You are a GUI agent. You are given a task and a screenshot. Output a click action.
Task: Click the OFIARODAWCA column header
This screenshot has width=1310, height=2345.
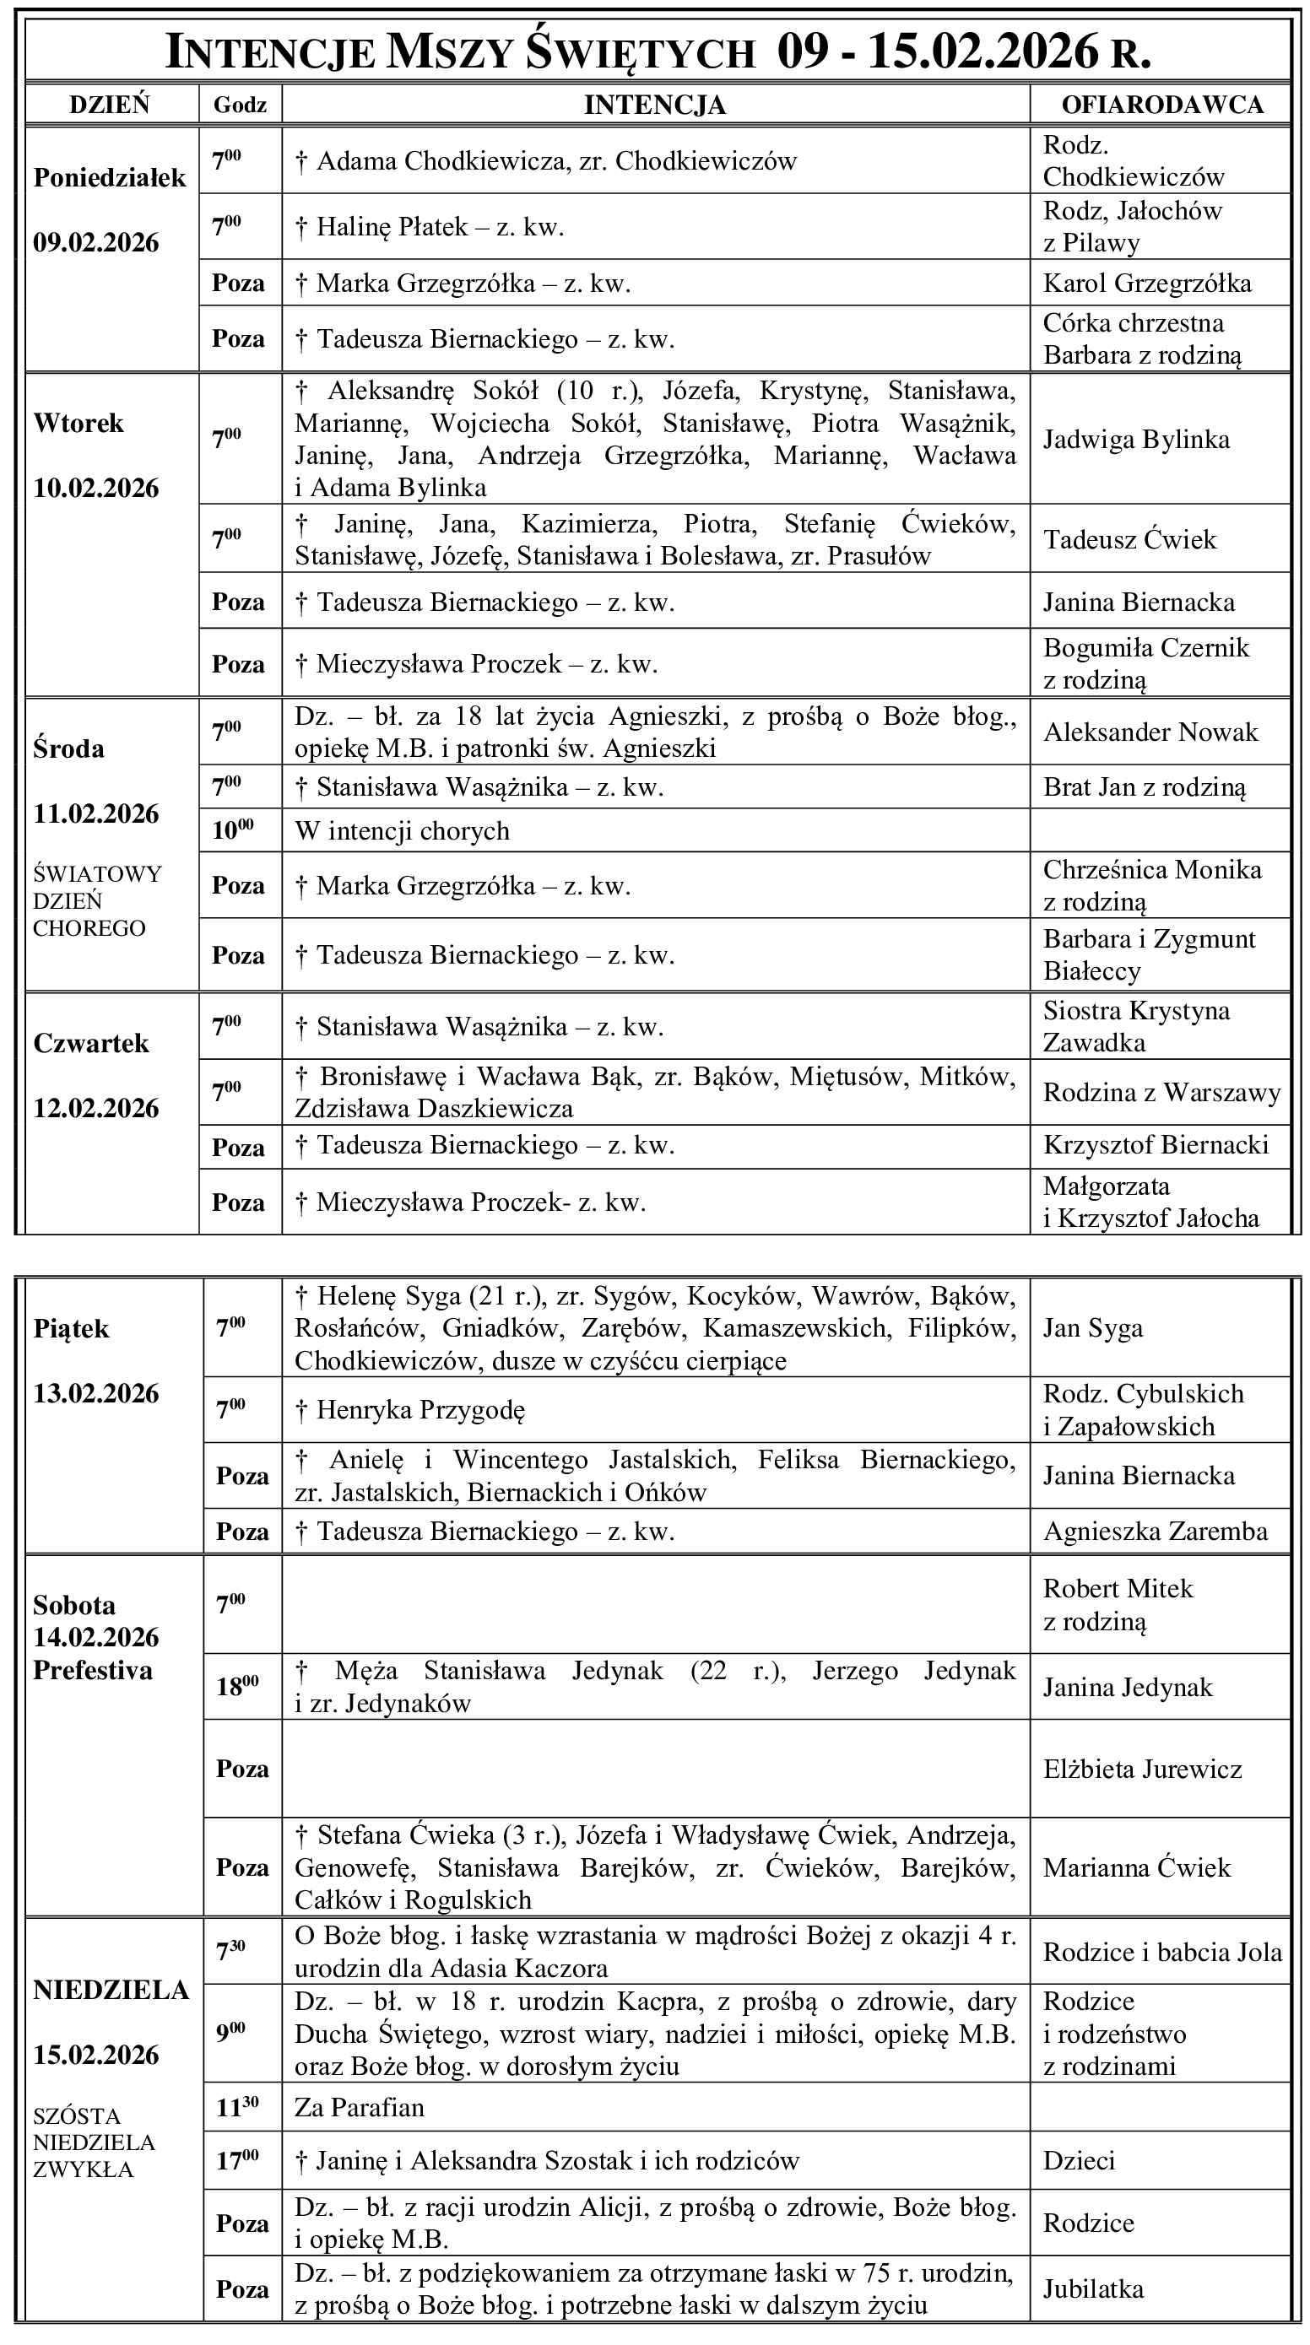click(x=1161, y=105)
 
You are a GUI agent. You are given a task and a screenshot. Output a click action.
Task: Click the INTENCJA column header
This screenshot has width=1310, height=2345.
click(x=654, y=105)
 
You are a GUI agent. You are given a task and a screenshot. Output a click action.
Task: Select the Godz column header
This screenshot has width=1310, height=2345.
click(x=240, y=105)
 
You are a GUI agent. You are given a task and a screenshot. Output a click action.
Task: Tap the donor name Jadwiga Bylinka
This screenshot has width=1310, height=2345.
click(x=1136, y=440)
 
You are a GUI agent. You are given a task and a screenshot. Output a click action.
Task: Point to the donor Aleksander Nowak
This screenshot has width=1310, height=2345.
click(x=1150, y=732)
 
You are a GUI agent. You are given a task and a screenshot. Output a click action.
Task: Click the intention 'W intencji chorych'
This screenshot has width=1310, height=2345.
click(x=402, y=831)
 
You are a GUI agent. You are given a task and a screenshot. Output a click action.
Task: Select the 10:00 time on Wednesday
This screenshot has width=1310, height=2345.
click(x=233, y=830)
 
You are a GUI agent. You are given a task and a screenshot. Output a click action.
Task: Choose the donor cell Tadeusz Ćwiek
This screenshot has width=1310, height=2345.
click(x=1129, y=540)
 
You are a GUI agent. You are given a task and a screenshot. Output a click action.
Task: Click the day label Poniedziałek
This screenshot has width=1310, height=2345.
click(x=109, y=177)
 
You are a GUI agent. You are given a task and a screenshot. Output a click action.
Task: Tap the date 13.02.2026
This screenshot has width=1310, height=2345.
click(x=96, y=1394)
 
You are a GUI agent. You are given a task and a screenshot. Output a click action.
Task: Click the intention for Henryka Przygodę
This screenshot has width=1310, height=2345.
click(x=420, y=1410)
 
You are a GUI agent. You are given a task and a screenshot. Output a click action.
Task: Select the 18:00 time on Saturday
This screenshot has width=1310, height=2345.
click(x=236, y=1685)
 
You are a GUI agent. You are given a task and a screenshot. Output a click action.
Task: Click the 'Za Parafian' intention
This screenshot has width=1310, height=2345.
click(x=359, y=2107)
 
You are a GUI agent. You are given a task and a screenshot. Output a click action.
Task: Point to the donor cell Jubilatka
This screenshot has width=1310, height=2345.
click(x=1093, y=2288)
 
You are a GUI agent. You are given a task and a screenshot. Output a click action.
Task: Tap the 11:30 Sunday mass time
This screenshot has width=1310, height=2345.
click(x=236, y=2106)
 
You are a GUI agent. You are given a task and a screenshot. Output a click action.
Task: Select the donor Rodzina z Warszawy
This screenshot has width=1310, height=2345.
click(x=1161, y=1093)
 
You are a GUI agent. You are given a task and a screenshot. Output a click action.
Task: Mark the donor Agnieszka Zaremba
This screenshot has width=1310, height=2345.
click(x=1156, y=1532)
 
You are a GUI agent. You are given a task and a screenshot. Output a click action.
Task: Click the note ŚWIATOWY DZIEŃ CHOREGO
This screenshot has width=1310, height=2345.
click(x=97, y=901)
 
